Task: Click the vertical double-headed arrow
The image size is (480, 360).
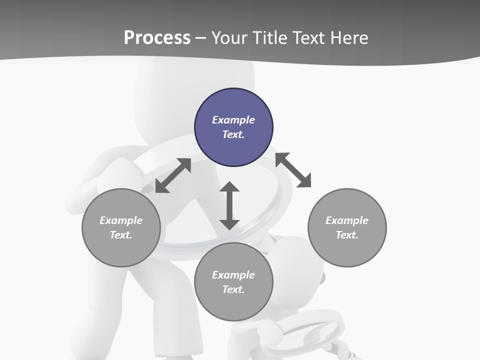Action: pyautogui.click(x=229, y=205)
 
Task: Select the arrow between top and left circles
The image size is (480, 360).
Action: pyautogui.click(x=173, y=175)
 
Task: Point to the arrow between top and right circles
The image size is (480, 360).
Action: pyautogui.click(x=293, y=170)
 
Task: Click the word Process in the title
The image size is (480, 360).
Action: pyautogui.click(x=157, y=37)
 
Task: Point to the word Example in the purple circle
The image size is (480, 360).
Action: pyautogui.click(x=233, y=120)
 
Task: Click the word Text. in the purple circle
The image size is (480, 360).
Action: pyautogui.click(x=233, y=134)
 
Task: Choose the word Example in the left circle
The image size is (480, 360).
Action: pyautogui.click(x=121, y=220)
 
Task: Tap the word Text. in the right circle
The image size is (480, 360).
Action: pyautogui.click(x=347, y=235)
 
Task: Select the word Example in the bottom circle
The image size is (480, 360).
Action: pyautogui.click(x=233, y=275)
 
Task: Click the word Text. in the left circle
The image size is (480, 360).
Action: pyautogui.click(x=121, y=235)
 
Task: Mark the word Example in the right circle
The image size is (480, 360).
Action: pyautogui.click(x=347, y=220)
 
